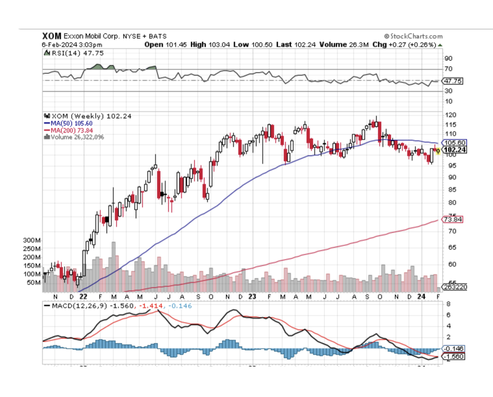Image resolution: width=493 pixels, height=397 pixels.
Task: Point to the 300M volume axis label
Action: click(x=32, y=240)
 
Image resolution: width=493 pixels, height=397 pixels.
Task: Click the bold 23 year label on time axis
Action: click(x=252, y=296)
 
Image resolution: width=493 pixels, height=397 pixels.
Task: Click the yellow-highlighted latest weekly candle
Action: click(x=438, y=150)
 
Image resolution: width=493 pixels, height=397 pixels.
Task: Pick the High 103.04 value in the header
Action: click(x=210, y=44)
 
